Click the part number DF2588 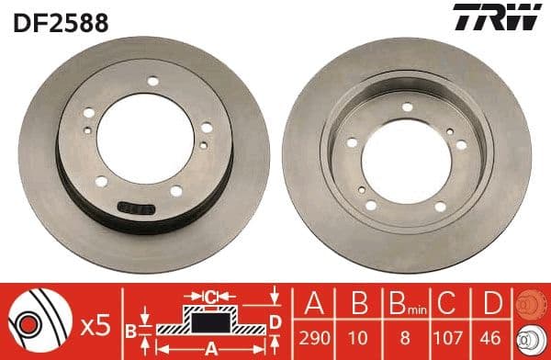[x=56, y=20]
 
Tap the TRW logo [x=505, y=18]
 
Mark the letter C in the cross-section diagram [x=210, y=296]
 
